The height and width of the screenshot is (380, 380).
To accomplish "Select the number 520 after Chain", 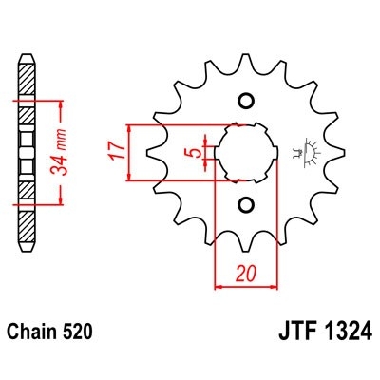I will [x=80, y=332].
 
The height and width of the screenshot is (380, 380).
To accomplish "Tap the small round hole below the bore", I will [x=245, y=204].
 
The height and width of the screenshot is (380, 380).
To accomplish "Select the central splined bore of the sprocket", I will [x=245, y=152].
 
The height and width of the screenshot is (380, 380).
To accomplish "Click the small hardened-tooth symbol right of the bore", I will [x=306, y=151].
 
